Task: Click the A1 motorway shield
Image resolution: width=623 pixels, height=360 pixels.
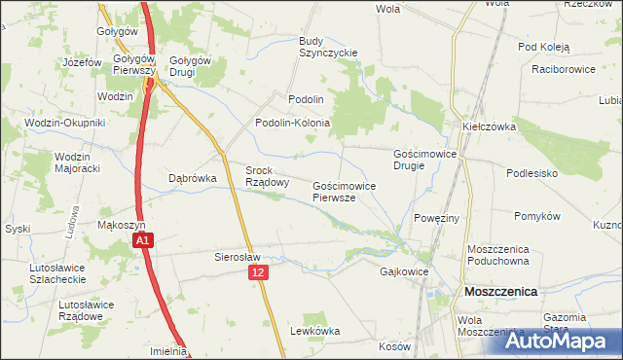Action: [x=142, y=239]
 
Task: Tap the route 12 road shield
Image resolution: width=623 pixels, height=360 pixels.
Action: [x=257, y=275]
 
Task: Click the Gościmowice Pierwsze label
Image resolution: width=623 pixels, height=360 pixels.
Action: [x=340, y=191]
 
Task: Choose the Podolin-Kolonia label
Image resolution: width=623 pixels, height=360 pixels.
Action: [x=292, y=124]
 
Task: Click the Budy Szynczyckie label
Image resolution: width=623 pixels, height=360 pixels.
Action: [x=328, y=47]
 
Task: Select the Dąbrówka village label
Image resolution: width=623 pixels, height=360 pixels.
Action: [x=191, y=178]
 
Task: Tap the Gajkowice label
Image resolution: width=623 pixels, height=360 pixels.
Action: [x=404, y=272]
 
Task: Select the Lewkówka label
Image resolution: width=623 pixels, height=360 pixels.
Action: [x=314, y=331]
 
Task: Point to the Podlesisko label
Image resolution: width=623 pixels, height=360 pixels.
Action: [x=531, y=172]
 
